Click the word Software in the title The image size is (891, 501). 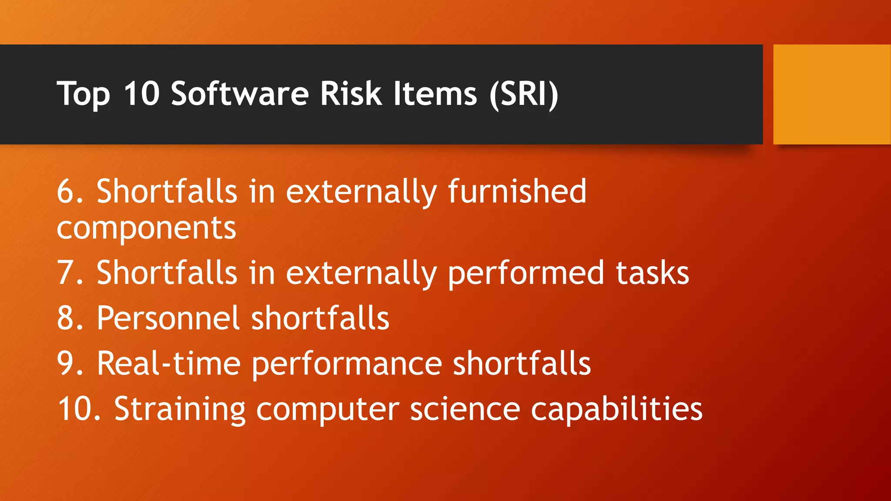coord(240,94)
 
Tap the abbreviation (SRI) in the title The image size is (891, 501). coord(523,94)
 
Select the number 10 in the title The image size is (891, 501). coord(141,94)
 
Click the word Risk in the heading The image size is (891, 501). coord(351,94)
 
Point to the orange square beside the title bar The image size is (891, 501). coord(832,94)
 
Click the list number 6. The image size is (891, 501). coord(70,191)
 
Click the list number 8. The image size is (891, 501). coord(70,318)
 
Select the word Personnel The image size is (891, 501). coord(168,318)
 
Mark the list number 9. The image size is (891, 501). coord(70,364)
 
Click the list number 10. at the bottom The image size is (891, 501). coord(79,409)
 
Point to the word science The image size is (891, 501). coord(465,409)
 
